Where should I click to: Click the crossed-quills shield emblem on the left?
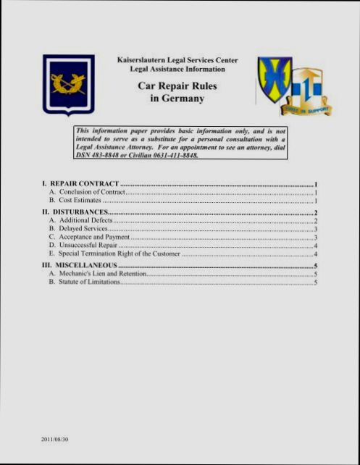click(68, 84)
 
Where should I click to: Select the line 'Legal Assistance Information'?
click(177, 70)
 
